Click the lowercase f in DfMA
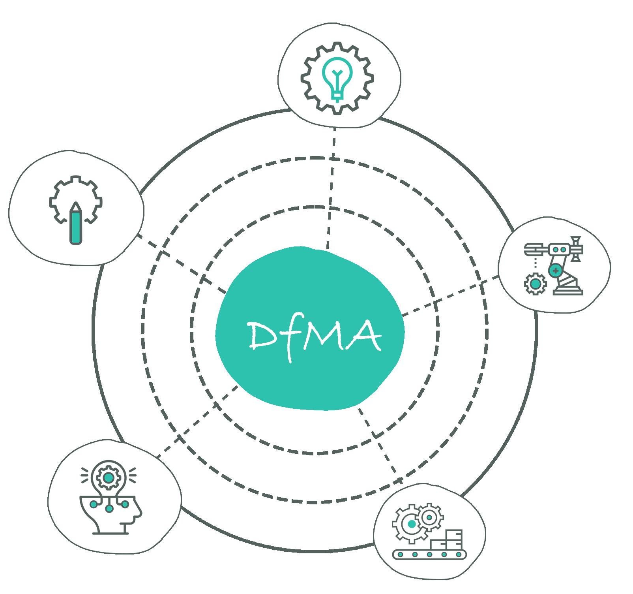pyautogui.click(x=292, y=340)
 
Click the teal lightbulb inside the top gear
pyautogui.click(x=337, y=77)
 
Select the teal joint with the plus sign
pyautogui.click(x=555, y=271)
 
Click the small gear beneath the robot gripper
pyautogui.click(x=535, y=284)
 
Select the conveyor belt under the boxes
pyautogui.click(x=429, y=554)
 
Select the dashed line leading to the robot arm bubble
pyautogui.click(x=450, y=296)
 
